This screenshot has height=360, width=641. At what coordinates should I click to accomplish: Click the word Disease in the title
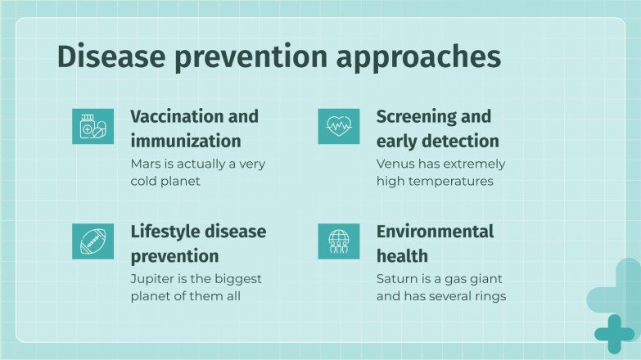[108, 58]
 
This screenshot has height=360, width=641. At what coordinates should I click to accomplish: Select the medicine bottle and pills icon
[93, 126]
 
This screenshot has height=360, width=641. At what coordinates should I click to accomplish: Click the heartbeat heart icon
[338, 126]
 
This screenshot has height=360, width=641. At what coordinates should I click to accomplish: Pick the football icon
[93, 241]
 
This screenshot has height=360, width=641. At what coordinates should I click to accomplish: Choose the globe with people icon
[338, 241]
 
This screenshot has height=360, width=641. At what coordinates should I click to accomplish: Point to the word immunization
[186, 141]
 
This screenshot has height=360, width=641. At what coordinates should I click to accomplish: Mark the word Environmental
[435, 232]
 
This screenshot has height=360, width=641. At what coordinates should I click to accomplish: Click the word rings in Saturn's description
[488, 296]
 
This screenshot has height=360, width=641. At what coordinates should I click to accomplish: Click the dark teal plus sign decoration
[613, 333]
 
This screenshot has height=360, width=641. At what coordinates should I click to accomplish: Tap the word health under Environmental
[402, 256]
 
